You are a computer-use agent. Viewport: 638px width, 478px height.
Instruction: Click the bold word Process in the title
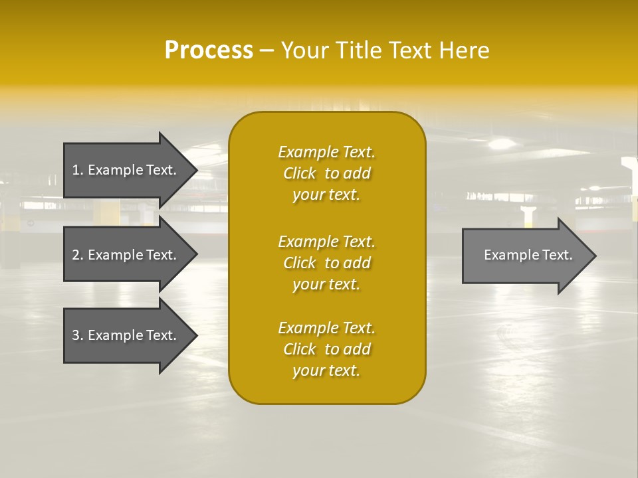click(x=209, y=50)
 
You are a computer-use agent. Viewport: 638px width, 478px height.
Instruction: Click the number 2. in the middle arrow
click(x=78, y=255)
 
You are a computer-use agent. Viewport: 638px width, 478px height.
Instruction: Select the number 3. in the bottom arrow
click(x=78, y=335)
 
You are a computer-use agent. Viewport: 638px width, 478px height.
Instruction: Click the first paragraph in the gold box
click(x=326, y=173)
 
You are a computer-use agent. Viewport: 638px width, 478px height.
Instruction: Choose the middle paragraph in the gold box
click(x=326, y=263)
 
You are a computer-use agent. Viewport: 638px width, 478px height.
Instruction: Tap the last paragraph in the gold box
click(x=326, y=349)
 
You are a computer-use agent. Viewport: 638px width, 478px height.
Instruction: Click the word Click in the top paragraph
click(x=300, y=173)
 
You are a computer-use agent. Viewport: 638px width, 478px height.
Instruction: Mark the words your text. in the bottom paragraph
click(x=326, y=371)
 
